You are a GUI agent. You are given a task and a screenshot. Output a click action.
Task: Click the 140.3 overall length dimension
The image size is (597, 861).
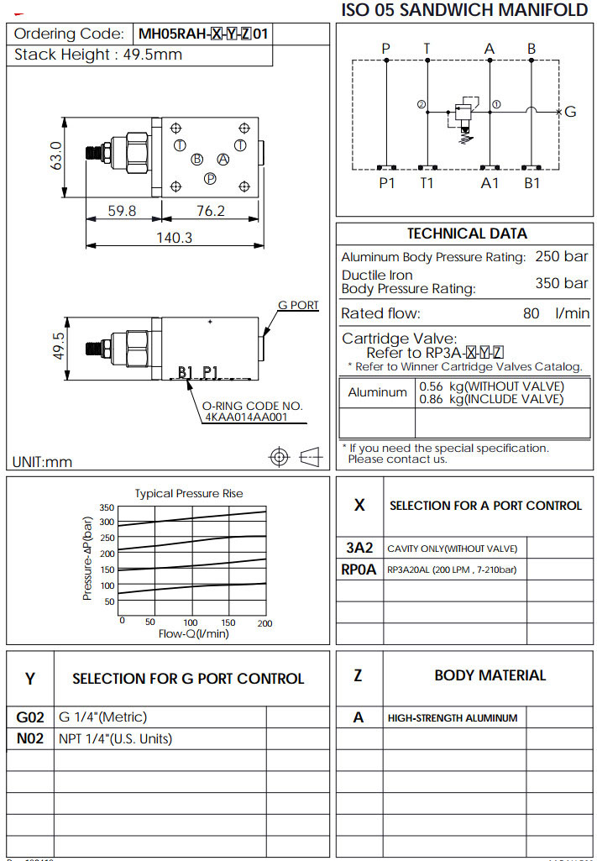tap(175, 237)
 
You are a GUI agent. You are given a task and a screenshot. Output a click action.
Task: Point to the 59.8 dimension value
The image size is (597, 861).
tap(122, 211)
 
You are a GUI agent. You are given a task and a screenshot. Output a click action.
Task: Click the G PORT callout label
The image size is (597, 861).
tap(298, 305)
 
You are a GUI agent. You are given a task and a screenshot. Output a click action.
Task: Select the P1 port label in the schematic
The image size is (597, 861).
tap(386, 182)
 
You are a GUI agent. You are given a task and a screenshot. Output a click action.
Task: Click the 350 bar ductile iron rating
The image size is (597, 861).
tap(562, 283)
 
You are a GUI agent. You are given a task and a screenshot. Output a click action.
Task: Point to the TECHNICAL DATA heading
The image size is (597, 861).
tap(467, 234)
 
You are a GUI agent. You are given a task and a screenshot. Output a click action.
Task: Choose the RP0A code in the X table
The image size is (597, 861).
tap(359, 570)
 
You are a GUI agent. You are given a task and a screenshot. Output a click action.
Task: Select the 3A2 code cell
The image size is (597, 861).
tap(359, 548)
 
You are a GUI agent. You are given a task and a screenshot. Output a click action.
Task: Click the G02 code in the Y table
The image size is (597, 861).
tap(29, 717)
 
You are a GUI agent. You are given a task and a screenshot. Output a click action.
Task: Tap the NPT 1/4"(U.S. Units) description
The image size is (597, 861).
tap(116, 739)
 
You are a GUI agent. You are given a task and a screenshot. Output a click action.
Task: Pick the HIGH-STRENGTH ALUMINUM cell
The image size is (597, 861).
tap(453, 717)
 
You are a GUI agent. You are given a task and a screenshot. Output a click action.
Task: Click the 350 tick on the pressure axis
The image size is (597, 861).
tap(107, 507)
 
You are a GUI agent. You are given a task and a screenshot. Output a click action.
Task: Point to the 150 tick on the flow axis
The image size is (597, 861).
tap(228, 622)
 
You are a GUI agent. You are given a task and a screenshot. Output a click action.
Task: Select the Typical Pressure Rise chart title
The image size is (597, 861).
tap(189, 493)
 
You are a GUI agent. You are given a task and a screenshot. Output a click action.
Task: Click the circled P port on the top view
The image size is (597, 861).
tap(210, 178)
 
